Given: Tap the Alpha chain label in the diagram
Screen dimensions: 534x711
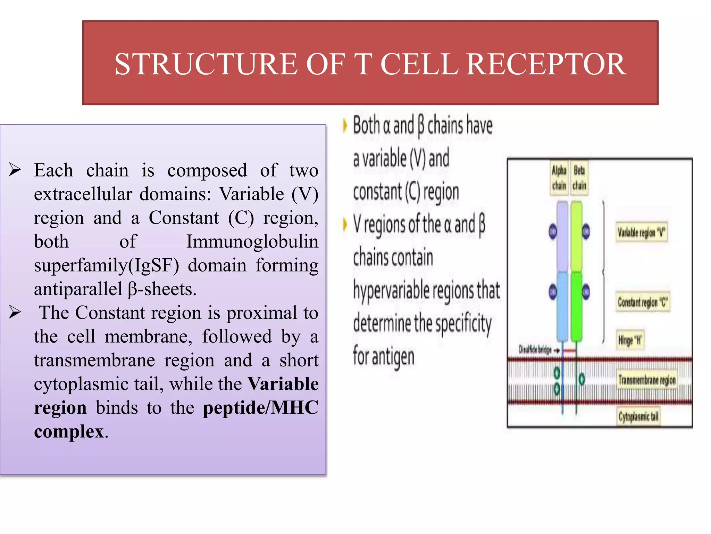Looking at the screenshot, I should tap(559, 178).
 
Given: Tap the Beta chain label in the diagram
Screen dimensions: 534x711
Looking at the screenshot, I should tap(579, 178).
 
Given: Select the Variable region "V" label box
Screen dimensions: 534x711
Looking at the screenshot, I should tap(641, 233).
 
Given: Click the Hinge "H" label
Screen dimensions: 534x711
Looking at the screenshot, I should tap(630, 340).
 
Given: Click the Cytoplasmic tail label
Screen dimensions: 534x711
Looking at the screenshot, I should tap(638, 416).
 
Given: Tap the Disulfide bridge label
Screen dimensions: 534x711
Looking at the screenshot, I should tap(535, 350).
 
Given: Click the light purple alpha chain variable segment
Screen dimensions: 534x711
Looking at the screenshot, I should tap(562, 236).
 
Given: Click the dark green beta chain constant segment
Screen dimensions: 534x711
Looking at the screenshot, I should tap(577, 306).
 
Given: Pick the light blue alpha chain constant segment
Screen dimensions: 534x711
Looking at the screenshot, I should tap(562, 306).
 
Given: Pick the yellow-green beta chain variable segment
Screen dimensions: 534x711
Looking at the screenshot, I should tap(577, 236).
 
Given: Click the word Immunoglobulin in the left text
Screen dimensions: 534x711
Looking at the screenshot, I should tap(252, 241).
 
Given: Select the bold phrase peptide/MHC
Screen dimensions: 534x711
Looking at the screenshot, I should tap(260, 407).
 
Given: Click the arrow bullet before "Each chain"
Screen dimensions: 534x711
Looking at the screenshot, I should tap(15, 170).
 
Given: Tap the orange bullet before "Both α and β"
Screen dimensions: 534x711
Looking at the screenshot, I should tap(344, 126).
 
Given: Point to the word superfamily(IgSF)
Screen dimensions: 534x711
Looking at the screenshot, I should tap(107, 265).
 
